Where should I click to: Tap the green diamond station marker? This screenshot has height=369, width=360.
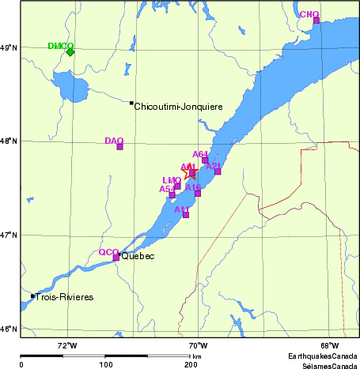(x=70, y=52)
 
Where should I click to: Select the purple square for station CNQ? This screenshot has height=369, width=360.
(x=316, y=21)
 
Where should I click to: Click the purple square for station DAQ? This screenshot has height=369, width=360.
(x=119, y=147)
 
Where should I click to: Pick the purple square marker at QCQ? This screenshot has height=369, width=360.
(x=116, y=258)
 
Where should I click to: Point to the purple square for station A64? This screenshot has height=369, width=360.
(x=205, y=160)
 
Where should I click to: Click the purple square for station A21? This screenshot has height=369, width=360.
(x=218, y=171)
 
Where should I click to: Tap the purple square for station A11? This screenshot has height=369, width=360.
(x=186, y=215)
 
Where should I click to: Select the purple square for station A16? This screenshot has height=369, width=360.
(x=198, y=194)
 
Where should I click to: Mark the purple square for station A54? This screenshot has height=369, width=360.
(x=172, y=195)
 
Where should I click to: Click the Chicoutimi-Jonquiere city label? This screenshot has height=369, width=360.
(x=178, y=107)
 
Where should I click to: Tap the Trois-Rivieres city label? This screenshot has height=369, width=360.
(x=65, y=297)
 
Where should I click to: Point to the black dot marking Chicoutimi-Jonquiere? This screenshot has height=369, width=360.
(x=131, y=103)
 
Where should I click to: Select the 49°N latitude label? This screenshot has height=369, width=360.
(x=9, y=48)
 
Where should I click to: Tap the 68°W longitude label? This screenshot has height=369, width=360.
(x=329, y=345)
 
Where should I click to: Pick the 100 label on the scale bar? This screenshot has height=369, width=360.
(x=105, y=364)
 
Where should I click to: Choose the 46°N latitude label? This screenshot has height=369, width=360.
(x=9, y=329)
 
